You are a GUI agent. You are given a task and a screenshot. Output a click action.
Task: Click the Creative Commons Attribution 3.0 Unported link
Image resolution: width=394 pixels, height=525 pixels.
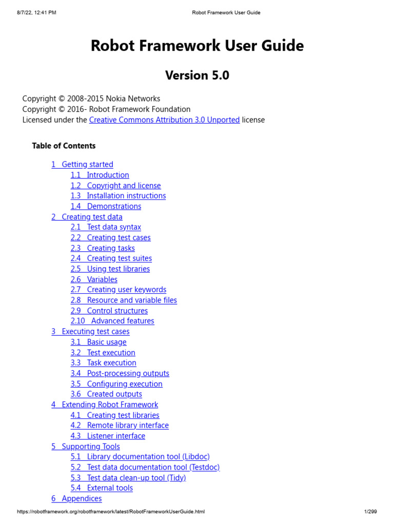pyautogui.click(x=164, y=120)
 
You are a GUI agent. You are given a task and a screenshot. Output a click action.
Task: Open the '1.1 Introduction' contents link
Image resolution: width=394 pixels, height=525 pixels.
pyautogui.click(x=100, y=175)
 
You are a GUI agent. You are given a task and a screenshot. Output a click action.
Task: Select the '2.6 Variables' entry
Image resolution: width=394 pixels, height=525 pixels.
pyautogui.click(x=94, y=279)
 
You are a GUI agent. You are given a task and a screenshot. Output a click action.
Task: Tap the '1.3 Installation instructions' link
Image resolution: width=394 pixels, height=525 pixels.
pyautogui.click(x=118, y=196)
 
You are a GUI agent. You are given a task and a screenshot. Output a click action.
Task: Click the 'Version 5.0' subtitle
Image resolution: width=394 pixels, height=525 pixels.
pyautogui.click(x=197, y=75)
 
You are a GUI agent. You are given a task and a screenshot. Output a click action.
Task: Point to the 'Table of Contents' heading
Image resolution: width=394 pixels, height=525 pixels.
pyautogui.click(x=64, y=146)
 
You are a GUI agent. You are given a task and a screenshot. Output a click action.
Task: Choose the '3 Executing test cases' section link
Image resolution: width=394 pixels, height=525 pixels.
pyautogui.click(x=90, y=332)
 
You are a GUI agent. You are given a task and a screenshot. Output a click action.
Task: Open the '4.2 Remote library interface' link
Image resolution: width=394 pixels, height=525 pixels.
pyautogui.click(x=120, y=426)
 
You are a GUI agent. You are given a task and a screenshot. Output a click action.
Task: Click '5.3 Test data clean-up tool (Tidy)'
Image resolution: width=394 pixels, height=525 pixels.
pyautogui.click(x=128, y=478)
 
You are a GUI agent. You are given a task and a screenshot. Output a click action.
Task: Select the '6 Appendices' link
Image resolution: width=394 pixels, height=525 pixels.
pyautogui.click(x=76, y=499)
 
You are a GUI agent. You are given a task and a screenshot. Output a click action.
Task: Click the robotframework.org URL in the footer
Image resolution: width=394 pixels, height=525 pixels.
pyautogui.click(x=111, y=512)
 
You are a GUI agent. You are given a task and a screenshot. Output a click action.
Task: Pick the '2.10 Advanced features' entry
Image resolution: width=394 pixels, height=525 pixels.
pyautogui.click(x=112, y=321)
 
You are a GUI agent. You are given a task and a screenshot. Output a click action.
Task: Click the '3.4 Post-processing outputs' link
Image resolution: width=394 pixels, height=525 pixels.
pyautogui.click(x=120, y=373)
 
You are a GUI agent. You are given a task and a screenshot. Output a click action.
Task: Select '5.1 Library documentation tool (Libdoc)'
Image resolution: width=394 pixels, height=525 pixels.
pyautogui.click(x=140, y=457)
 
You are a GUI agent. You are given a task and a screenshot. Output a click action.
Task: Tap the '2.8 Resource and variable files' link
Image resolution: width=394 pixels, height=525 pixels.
pyautogui.click(x=124, y=300)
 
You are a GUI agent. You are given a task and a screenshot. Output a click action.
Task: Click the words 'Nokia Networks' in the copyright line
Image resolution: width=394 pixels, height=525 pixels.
pyautogui.click(x=136, y=98)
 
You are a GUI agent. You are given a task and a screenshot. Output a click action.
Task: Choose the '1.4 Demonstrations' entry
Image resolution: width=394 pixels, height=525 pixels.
pyautogui.click(x=106, y=206)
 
